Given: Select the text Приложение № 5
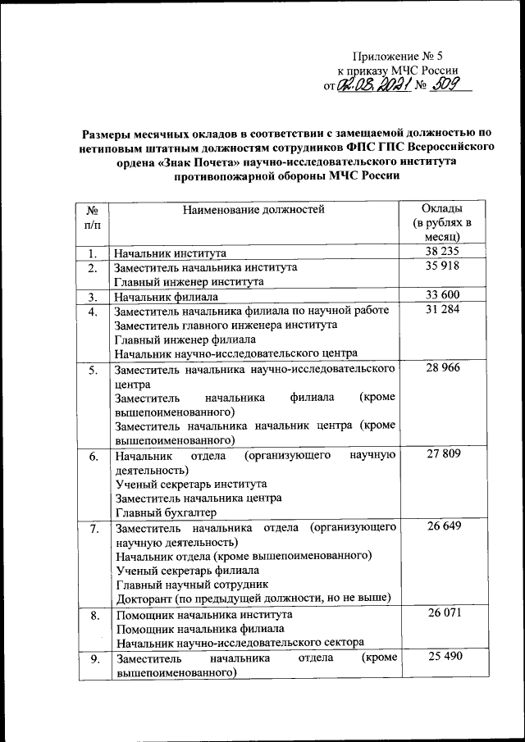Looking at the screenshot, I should pos(397,57).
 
